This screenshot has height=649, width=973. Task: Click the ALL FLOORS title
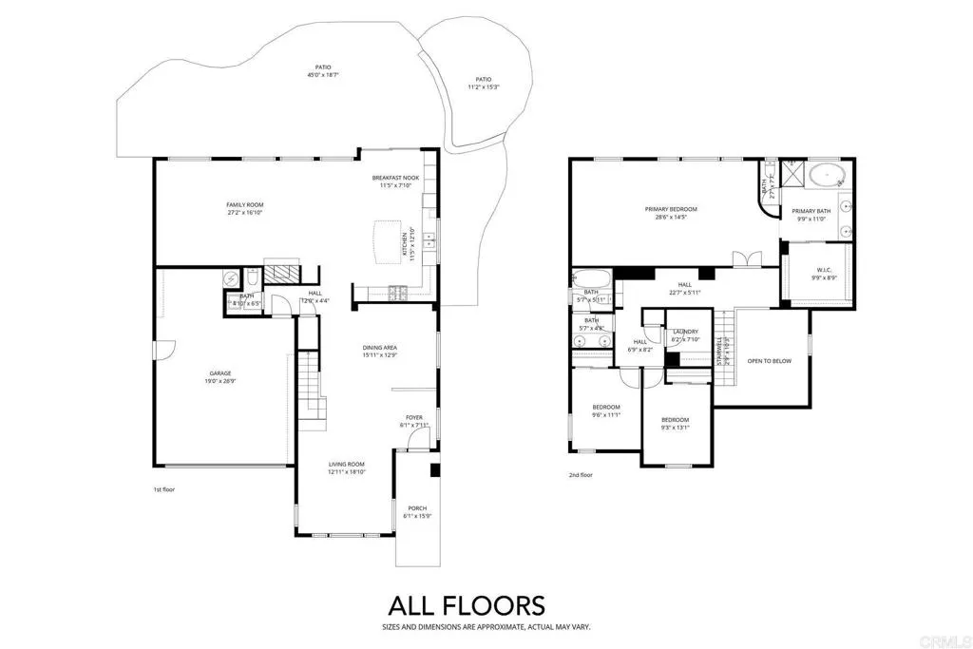pos(466,605)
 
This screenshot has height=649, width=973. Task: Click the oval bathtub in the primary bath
pos(830,175)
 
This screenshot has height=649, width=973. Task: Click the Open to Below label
pos(769,361)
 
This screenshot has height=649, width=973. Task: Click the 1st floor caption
pos(164,489)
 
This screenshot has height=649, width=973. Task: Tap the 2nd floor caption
pos(581,475)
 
